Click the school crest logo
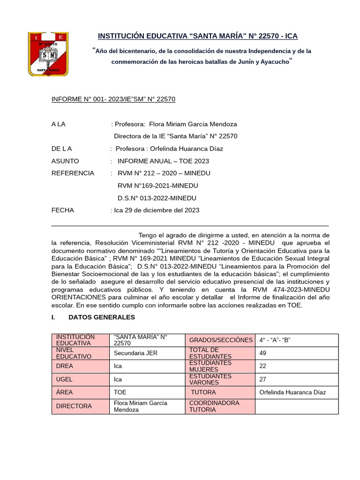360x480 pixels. [x=49, y=54]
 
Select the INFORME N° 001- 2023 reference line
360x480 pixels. [x=113, y=99]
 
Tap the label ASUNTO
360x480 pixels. [x=65, y=161]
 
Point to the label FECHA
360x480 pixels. [x=63, y=210]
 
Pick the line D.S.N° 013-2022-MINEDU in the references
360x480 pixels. [x=157, y=198]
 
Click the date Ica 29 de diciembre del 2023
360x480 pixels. [x=157, y=210]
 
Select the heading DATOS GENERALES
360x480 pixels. [x=102, y=317]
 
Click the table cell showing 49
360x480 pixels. [x=297, y=353]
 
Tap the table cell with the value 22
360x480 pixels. [x=297, y=366]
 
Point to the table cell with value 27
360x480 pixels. [x=297, y=379]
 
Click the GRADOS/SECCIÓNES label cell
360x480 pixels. [x=220, y=340]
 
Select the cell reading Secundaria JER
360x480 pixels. [x=148, y=353]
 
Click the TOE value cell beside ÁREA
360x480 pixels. [x=148, y=392]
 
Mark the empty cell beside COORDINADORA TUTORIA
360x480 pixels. [x=297, y=406]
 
